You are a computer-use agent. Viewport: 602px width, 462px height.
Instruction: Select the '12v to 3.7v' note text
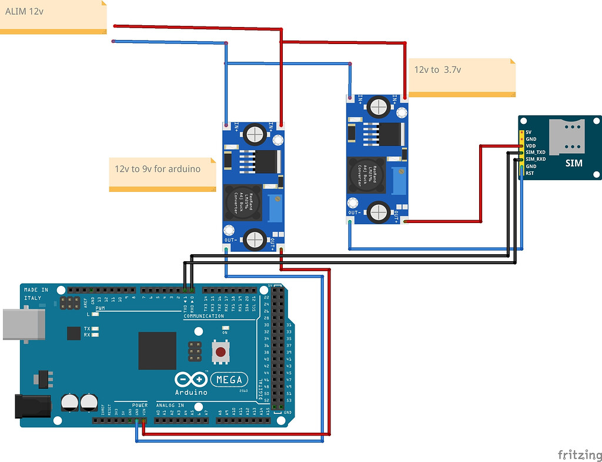pyautogui.click(x=437, y=69)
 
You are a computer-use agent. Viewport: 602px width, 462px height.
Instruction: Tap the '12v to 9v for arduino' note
pyautogui.click(x=158, y=168)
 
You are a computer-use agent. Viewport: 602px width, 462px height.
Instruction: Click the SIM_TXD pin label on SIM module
pyautogui.click(x=535, y=152)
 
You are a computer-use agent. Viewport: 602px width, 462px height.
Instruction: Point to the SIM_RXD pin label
pyautogui.click(x=535, y=159)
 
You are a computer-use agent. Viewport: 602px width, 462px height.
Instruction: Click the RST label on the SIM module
pyautogui.click(x=529, y=173)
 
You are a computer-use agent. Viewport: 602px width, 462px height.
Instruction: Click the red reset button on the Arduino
pyautogui.click(x=220, y=352)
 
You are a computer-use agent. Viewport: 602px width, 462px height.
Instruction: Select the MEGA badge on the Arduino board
pyautogui.click(x=229, y=379)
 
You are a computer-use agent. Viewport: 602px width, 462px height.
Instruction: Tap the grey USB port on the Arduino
pyautogui.click(x=24, y=325)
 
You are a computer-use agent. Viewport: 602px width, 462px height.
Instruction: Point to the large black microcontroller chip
pyautogui.click(x=157, y=350)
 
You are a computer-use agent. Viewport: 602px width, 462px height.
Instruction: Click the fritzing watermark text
pyautogui.click(x=578, y=455)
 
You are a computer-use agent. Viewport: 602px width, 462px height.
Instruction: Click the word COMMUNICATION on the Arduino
pyautogui.click(x=204, y=316)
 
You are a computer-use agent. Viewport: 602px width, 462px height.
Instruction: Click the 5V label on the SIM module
pyautogui.click(x=529, y=132)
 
